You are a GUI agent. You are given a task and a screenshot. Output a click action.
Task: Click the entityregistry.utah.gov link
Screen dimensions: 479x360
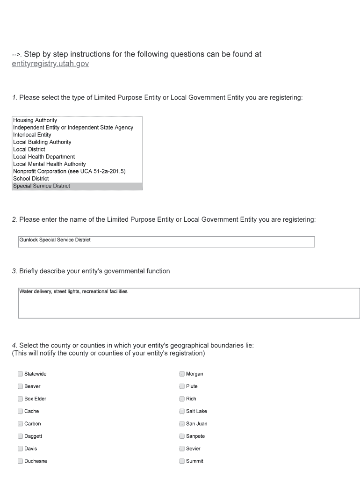click(50, 64)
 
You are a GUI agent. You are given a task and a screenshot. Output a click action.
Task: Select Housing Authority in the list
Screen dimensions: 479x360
click(35, 120)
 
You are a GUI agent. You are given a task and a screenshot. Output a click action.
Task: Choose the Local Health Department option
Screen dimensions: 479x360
click(44, 157)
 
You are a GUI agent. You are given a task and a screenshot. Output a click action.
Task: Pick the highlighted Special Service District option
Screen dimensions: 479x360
click(42, 186)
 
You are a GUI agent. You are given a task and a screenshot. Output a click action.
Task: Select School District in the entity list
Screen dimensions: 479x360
click(31, 179)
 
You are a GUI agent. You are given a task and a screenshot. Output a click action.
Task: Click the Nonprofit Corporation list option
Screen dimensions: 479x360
click(69, 171)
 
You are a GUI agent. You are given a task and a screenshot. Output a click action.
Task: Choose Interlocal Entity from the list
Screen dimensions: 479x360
click(32, 135)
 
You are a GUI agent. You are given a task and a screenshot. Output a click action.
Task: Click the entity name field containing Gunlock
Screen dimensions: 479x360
click(166, 241)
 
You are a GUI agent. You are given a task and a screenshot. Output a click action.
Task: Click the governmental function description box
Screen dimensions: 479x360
click(188, 303)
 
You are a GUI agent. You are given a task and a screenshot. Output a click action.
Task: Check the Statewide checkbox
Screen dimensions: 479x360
click(20, 374)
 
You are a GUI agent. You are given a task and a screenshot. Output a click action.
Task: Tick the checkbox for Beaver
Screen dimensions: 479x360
click(20, 386)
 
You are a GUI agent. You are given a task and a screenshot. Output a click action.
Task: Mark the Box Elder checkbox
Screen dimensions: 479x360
click(20, 399)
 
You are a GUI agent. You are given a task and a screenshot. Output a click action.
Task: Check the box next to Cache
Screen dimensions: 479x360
click(20, 411)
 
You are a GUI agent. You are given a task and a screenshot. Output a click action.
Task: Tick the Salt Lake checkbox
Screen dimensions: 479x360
click(182, 411)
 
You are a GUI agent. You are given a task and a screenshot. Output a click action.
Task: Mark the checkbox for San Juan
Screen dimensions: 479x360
click(182, 424)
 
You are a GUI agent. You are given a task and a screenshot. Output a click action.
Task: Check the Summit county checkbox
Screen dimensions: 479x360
click(182, 461)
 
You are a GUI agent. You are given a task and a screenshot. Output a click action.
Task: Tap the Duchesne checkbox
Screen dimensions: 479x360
click(20, 461)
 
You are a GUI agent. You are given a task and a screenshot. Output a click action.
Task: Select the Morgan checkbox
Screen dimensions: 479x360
click(182, 374)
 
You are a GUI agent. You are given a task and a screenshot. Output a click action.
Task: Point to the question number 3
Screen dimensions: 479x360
click(14, 271)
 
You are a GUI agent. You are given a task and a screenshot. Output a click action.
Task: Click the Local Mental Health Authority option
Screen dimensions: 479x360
click(50, 164)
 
